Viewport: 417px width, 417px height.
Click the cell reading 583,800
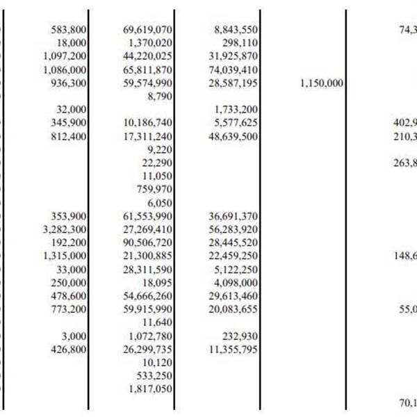pyautogui.click(x=69, y=29)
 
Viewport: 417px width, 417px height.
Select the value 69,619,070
pyautogui.click(x=147, y=29)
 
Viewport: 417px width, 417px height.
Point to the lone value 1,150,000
pyautogui.click(x=322, y=83)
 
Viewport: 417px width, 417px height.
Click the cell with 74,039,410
pyautogui.click(x=234, y=69)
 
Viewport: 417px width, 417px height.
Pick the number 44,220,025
pyautogui.click(x=147, y=56)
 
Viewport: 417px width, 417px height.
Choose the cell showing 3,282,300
pyautogui.click(x=65, y=229)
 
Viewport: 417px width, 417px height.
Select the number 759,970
pyautogui.click(x=155, y=188)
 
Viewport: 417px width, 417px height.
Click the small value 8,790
pyautogui.click(x=161, y=97)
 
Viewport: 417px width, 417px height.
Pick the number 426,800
pyautogui.click(x=69, y=350)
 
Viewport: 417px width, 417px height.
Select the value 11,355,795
pyautogui.click(x=234, y=350)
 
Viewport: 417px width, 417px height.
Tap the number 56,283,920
pyautogui.click(x=234, y=229)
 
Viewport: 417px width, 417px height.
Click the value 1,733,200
pyautogui.click(x=237, y=110)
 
